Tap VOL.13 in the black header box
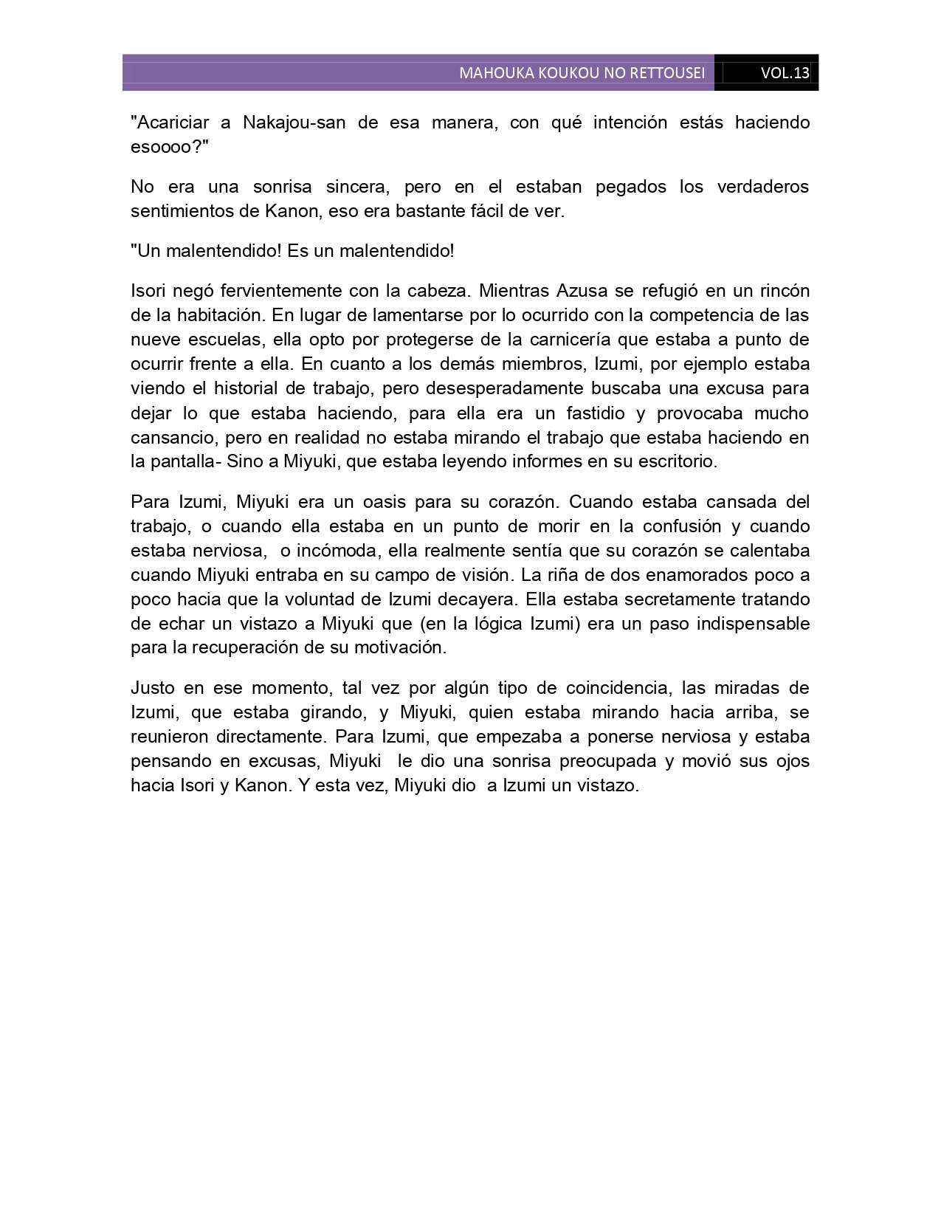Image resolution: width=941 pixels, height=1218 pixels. pyautogui.click(x=785, y=73)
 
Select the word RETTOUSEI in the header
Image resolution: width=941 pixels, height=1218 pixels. pyautogui.click(x=669, y=73)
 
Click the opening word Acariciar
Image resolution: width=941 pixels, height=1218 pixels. pyautogui.click(x=170, y=122)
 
